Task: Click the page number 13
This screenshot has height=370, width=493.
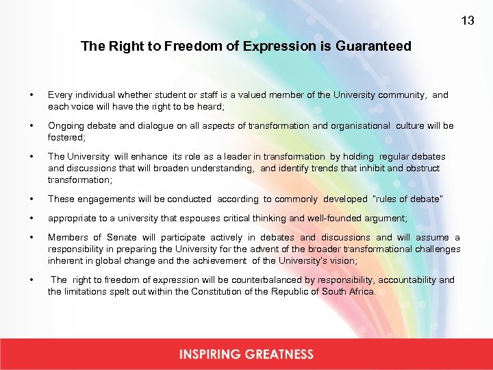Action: click(468, 21)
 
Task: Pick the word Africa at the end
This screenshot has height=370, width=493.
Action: click(361, 291)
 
